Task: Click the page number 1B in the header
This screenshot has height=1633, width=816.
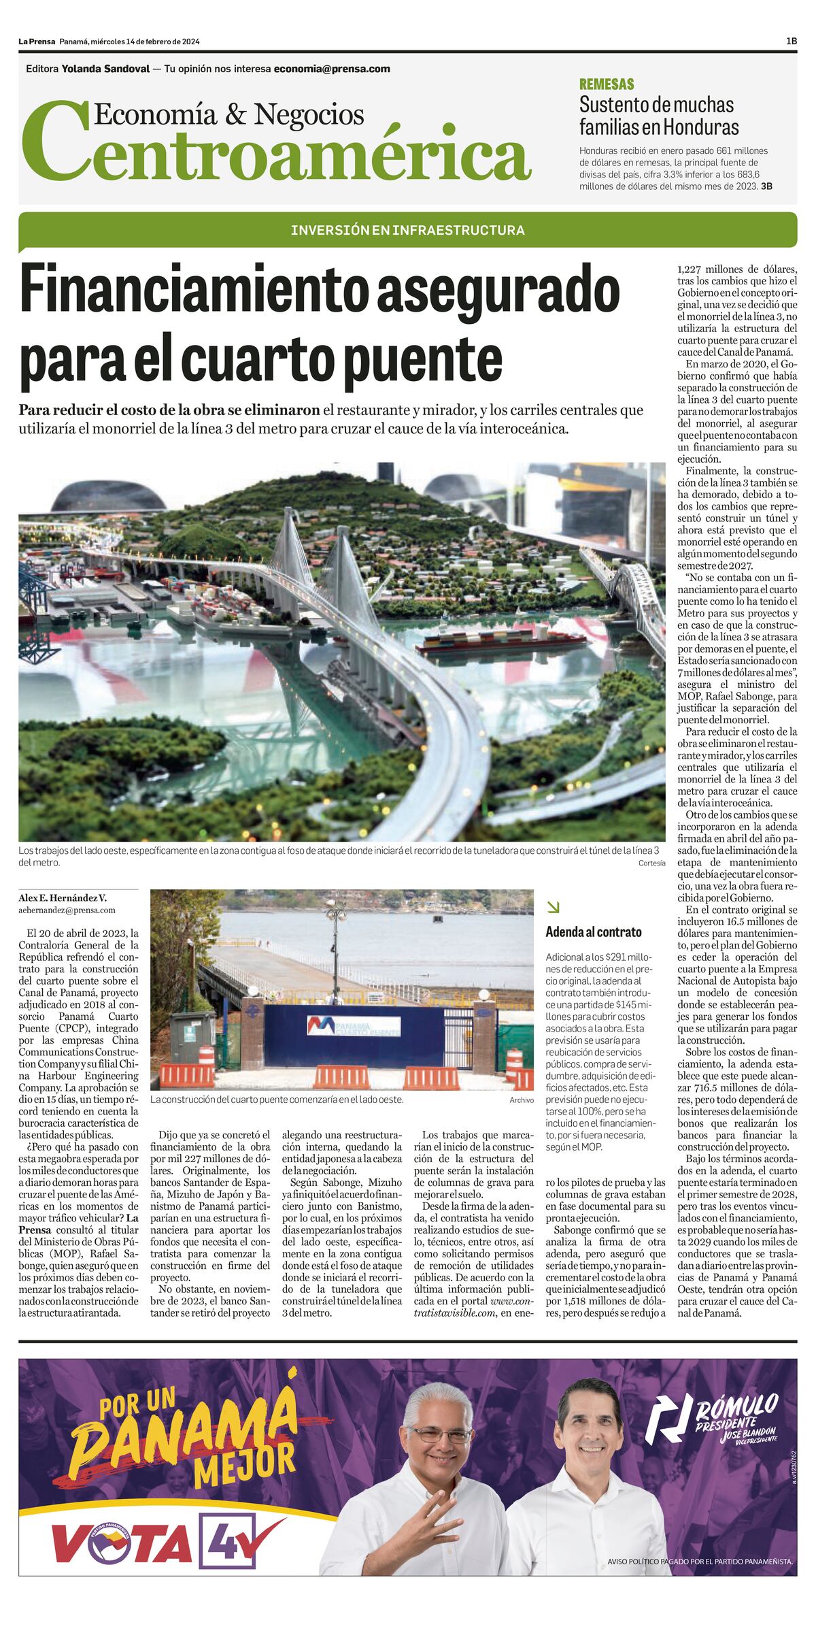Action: [x=791, y=42]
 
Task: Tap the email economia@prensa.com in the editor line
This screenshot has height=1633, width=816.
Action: [x=332, y=69]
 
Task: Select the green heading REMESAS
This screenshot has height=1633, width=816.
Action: [x=606, y=84]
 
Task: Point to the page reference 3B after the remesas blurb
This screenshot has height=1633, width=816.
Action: [x=766, y=186]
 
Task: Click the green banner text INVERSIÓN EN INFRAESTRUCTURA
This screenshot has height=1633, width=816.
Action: [x=407, y=230]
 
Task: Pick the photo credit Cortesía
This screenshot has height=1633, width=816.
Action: [x=651, y=863]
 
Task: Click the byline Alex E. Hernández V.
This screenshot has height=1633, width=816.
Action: [x=63, y=897]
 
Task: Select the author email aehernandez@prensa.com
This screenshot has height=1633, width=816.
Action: [x=67, y=910]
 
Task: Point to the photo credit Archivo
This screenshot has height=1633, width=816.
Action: [x=522, y=1100]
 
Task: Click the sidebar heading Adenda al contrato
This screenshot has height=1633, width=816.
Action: [x=594, y=932]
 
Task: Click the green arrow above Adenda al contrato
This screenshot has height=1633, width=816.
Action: [x=553, y=907]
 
